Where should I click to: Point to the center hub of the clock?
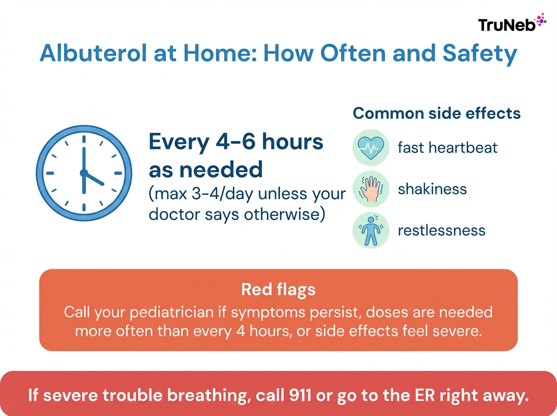(84, 173)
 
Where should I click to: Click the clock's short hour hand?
(94, 180)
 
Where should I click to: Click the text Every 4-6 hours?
(236, 142)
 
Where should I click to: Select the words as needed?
(206, 170)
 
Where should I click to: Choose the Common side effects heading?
(436, 113)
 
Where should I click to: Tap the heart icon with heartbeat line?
(370, 148)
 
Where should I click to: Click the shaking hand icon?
(370, 189)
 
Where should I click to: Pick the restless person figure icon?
(370, 230)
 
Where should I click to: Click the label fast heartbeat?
(447, 148)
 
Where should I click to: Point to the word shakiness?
(432, 189)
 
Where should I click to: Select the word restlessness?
(441, 230)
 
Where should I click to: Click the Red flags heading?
(278, 290)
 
